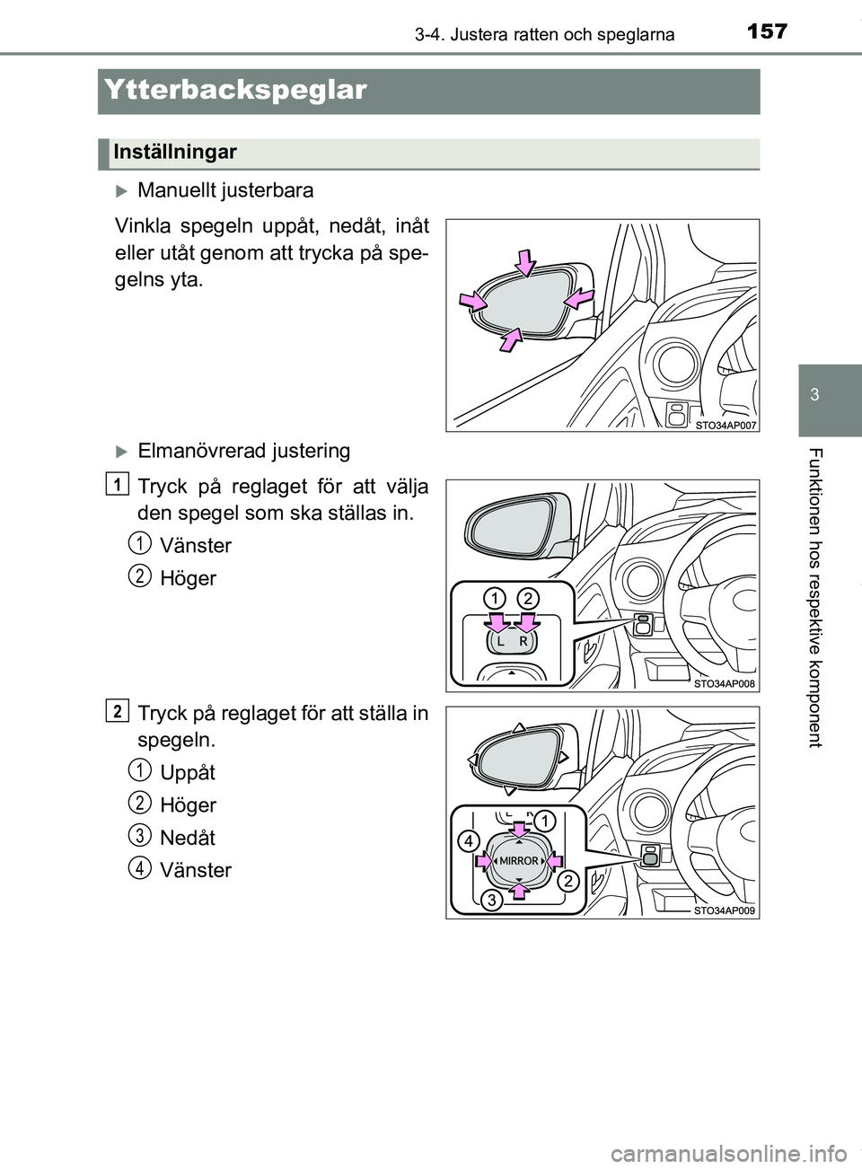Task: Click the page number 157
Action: pos(767,31)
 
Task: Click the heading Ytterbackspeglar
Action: pos(235,90)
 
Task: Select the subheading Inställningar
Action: pos(175,152)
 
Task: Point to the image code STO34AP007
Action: pos(726,426)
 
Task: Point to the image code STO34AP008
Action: pos(725,684)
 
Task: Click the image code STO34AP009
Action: pos(725,911)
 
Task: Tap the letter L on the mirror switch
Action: pos(500,643)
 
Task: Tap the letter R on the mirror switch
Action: pos(523,643)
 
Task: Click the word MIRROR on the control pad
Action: pos(519,861)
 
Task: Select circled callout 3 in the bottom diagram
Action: pos(492,901)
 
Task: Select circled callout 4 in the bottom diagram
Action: pos(469,841)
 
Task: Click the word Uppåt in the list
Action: pos(188,772)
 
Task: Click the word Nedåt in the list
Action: pos(188,838)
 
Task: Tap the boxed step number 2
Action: pos(117,712)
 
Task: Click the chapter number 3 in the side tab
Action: pos(814,394)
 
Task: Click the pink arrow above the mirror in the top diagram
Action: pos(526,263)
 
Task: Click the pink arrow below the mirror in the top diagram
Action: pos(511,339)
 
